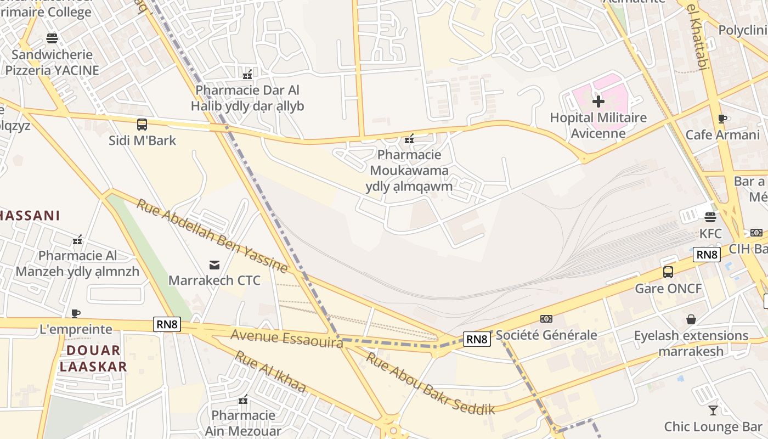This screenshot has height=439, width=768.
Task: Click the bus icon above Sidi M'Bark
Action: (142, 125)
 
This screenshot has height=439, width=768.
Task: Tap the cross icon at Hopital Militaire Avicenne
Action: (598, 102)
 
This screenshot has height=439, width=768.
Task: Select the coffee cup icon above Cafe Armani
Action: (722, 119)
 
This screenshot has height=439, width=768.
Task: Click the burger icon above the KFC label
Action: (710, 217)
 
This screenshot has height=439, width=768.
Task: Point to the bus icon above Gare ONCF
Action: (668, 272)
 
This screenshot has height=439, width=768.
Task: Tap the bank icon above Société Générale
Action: (546, 319)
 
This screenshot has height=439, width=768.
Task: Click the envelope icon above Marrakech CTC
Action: (214, 265)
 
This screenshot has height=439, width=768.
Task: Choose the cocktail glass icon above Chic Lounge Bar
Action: (713, 410)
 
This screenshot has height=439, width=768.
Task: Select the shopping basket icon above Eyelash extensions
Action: (691, 319)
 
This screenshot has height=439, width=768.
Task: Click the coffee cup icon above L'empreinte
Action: (76, 314)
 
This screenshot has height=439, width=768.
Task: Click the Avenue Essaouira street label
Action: (286, 338)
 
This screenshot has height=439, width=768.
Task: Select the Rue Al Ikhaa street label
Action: (270, 372)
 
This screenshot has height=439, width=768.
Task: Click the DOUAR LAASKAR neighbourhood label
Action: (93, 358)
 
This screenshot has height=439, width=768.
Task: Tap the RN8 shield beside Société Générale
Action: (477, 339)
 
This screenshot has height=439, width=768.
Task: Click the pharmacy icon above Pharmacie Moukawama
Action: (409, 139)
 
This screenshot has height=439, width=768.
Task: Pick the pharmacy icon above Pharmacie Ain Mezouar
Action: (243, 399)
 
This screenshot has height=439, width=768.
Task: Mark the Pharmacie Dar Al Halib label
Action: (247, 98)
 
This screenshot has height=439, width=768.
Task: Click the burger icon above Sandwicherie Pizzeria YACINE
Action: (52, 38)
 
